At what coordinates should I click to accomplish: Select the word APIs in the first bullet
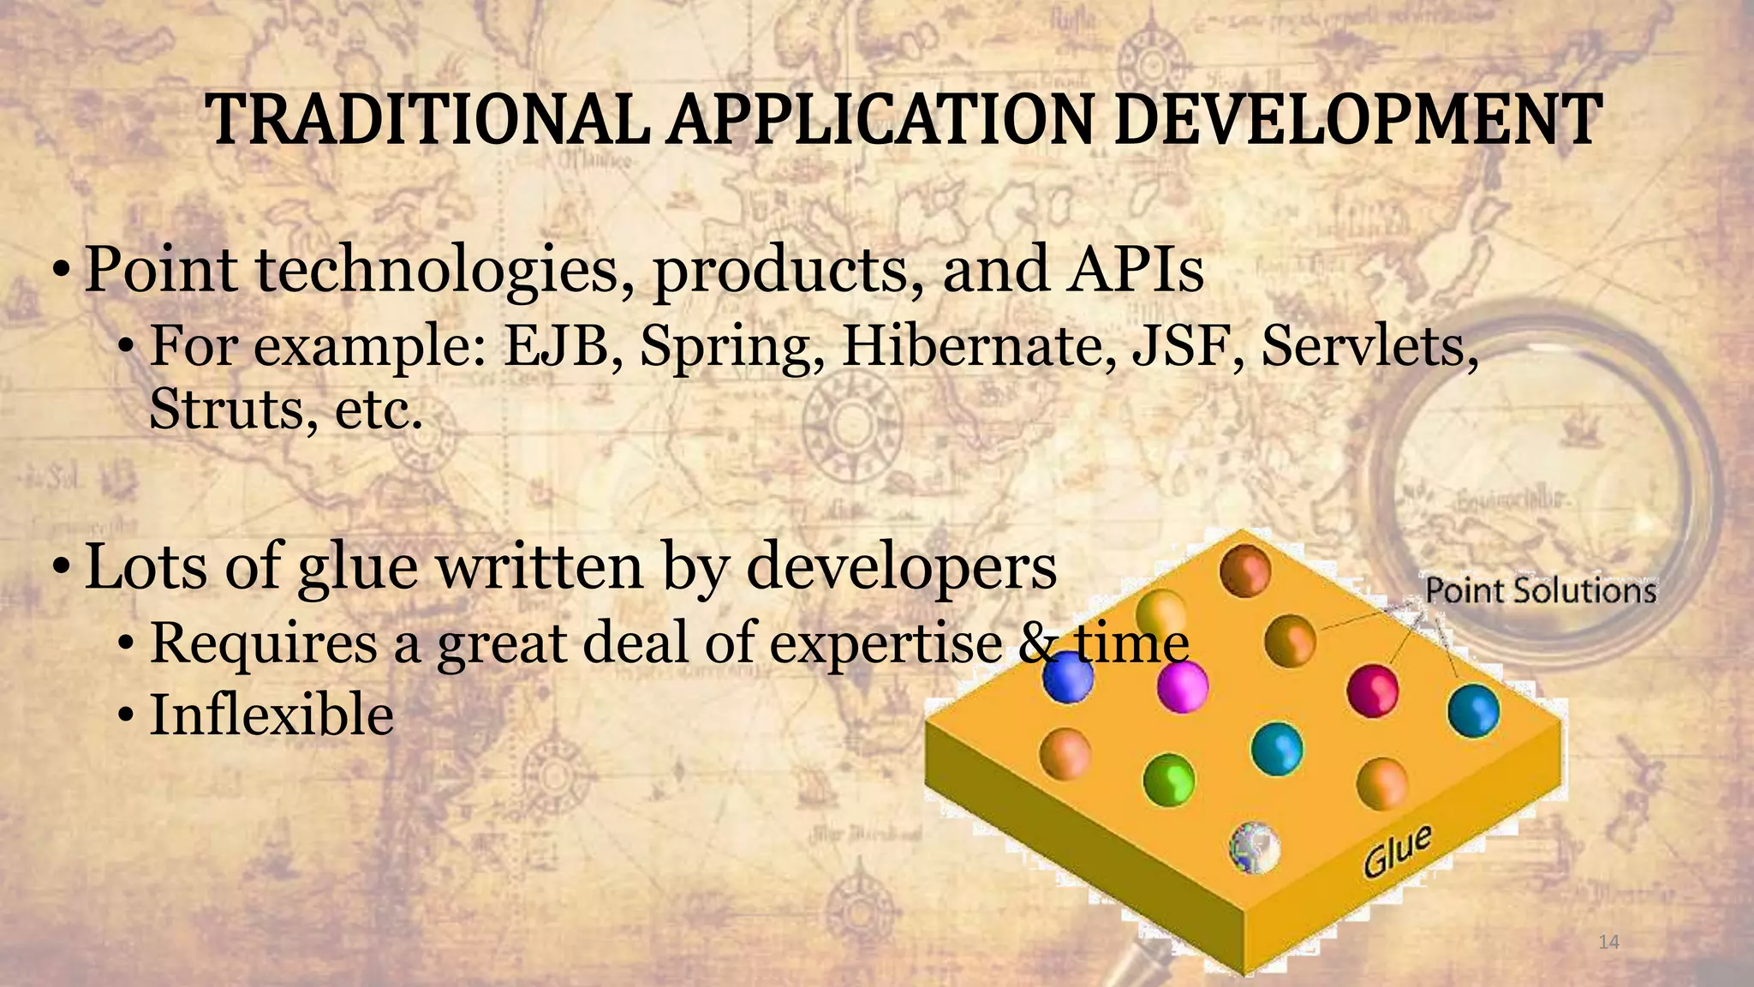(1134, 269)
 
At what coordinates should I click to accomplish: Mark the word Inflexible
(271, 715)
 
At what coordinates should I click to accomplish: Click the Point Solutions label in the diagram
(1540, 591)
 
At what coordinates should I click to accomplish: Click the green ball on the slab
(1169, 779)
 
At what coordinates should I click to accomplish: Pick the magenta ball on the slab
(1182, 687)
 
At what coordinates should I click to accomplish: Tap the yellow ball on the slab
(1161, 614)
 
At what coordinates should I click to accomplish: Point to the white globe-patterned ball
(1255, 847)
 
